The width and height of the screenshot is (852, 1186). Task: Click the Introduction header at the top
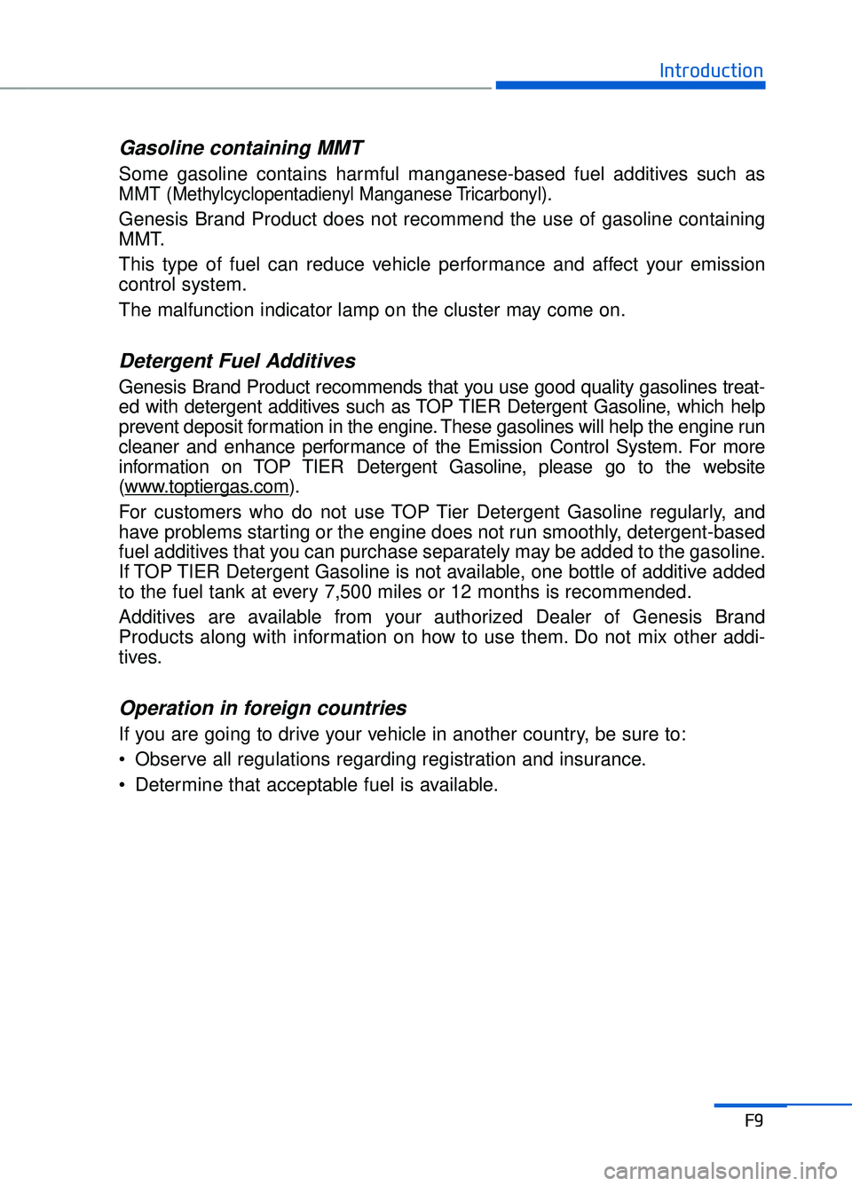(x=711, y=71)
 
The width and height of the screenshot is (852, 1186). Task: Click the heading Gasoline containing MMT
(x=241, y=148)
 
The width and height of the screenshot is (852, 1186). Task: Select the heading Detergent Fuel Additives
(x=237, y=361)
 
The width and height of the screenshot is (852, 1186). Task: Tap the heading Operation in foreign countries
(x=263, y=708)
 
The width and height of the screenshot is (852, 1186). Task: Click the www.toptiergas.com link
(x=207, y=487)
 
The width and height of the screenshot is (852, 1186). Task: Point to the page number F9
(x=753, y=1120)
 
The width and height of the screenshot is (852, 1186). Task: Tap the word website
(x=734, y=467)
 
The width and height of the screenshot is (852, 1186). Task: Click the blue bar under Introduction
(x=630, y=86)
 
